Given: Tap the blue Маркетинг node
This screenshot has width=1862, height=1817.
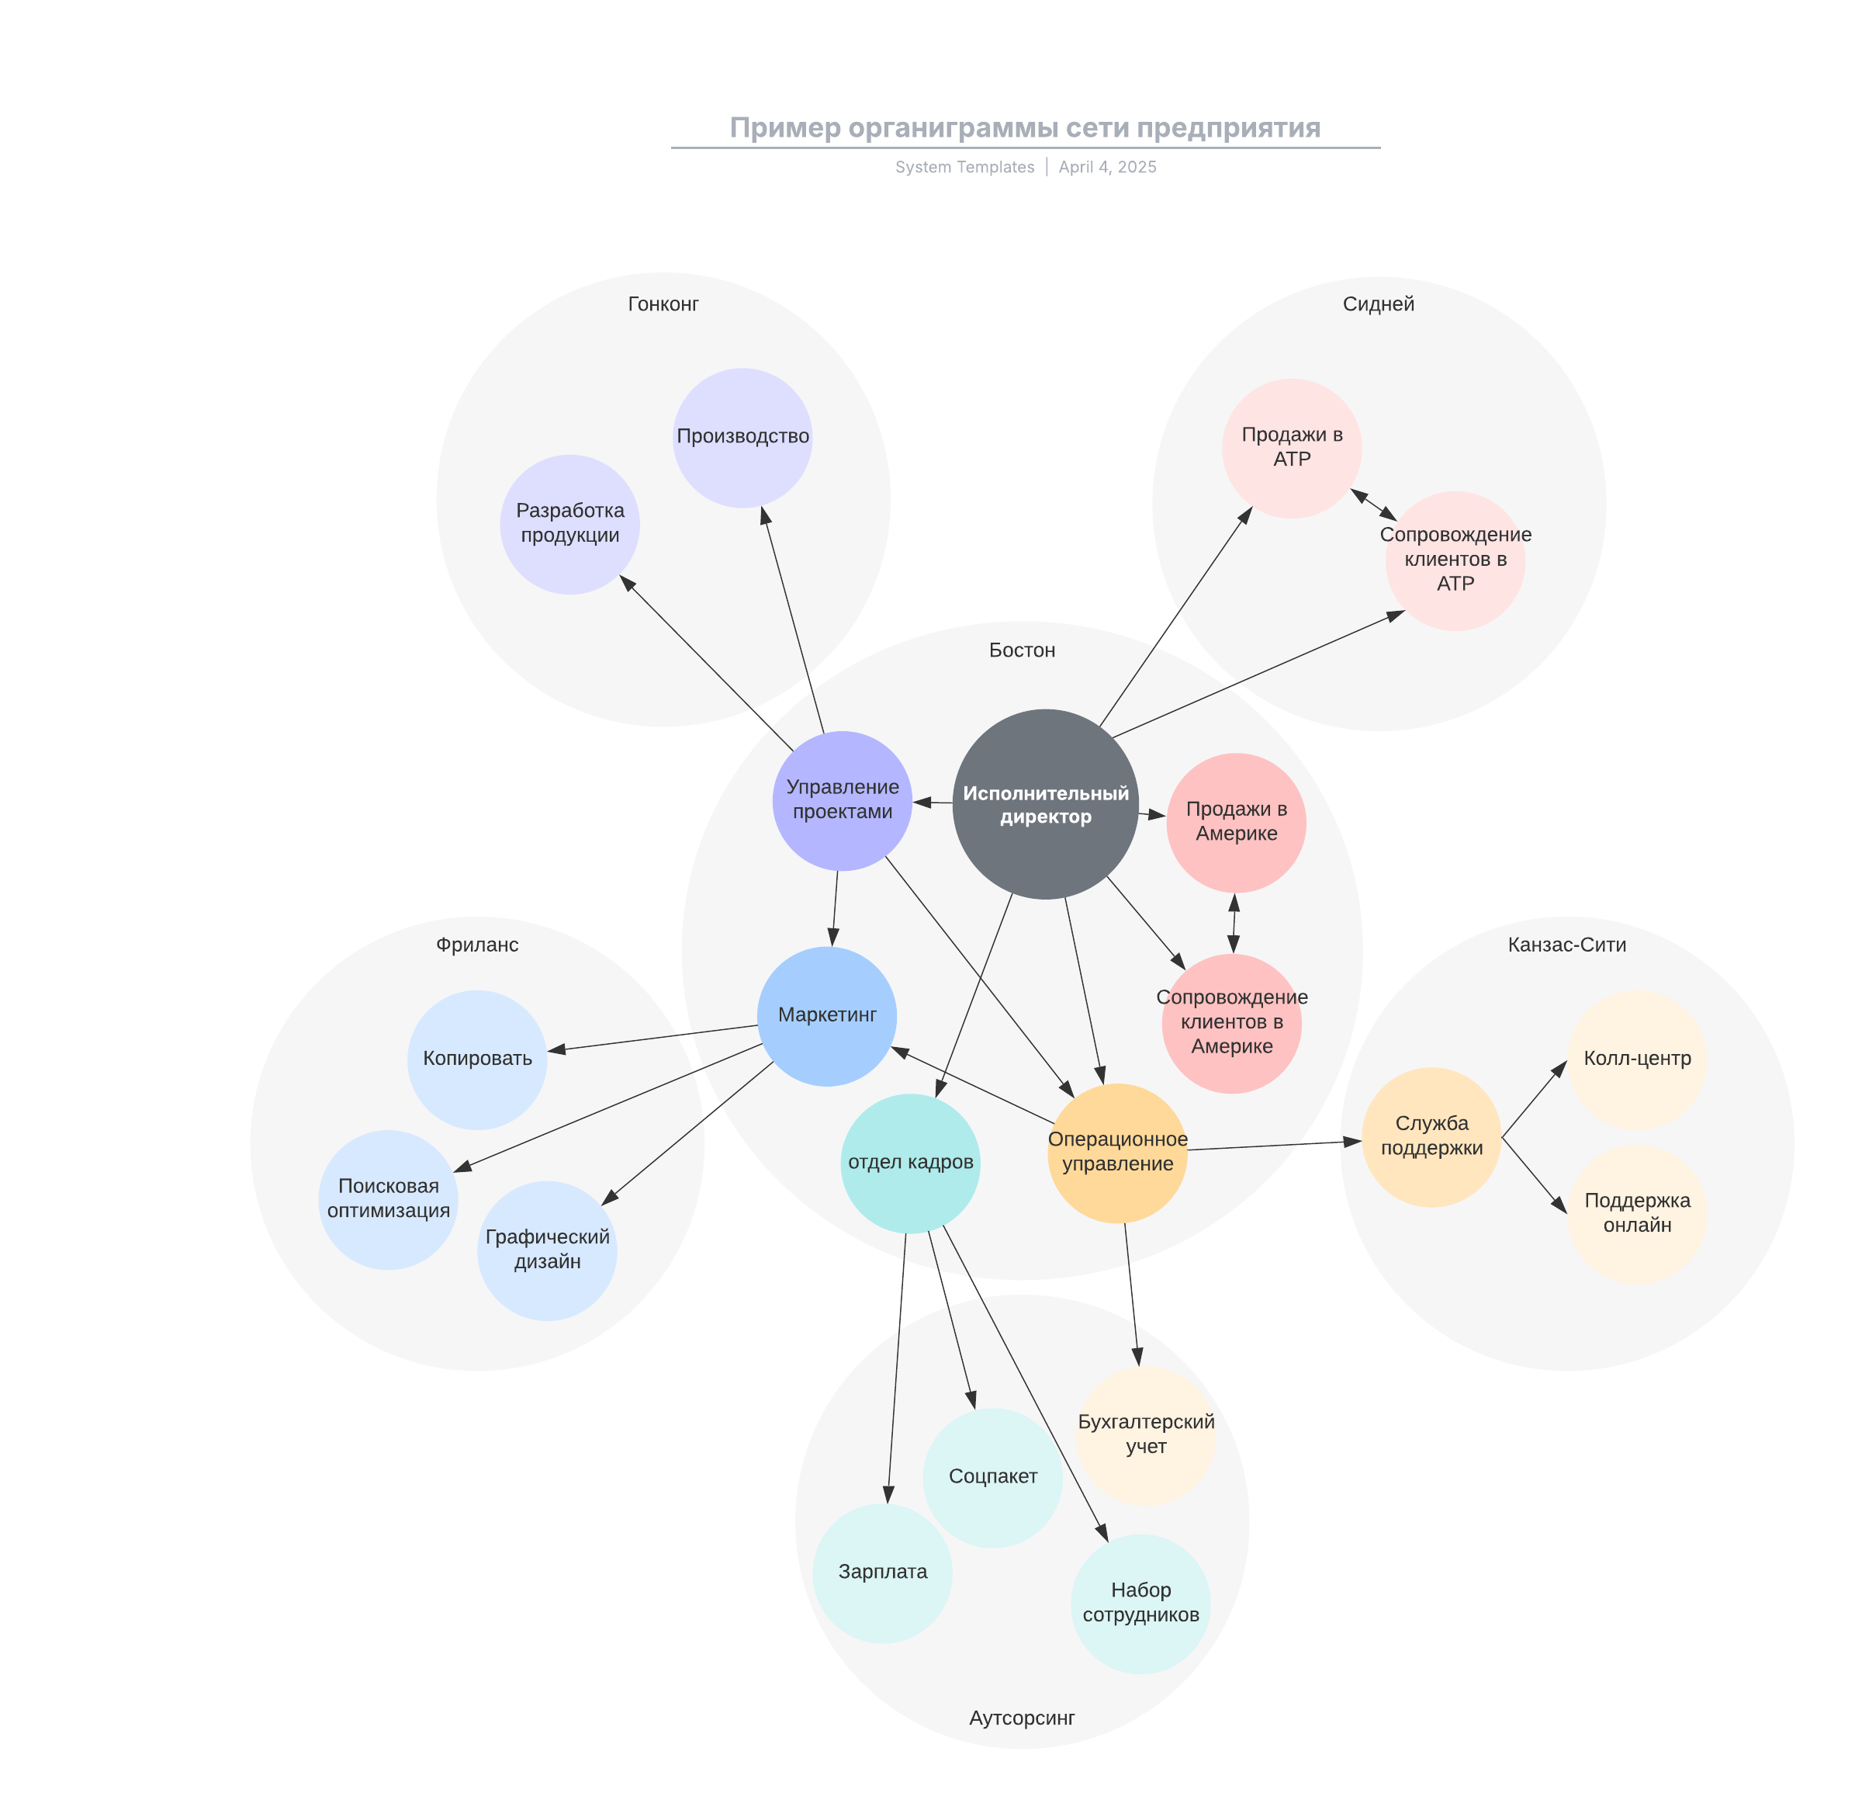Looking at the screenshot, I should (826, 1015).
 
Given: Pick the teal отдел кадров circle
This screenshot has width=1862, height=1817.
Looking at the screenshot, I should (910, 1163).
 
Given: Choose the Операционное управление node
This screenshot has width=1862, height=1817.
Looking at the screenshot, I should (1117, 1152).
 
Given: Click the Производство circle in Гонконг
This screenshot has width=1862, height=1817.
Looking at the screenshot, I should (742, 437).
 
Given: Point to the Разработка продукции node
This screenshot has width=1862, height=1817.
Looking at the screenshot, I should (569, 524).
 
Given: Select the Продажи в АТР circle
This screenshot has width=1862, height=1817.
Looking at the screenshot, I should (1292, 448).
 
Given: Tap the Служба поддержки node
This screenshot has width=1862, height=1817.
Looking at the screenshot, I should (1431, 1136).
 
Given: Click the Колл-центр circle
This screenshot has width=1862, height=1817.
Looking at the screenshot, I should (1636, 1059).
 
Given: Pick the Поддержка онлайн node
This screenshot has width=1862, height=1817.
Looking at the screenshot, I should (1636, 1213).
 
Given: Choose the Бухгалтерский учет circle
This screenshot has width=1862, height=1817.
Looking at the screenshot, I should (1146, 1434).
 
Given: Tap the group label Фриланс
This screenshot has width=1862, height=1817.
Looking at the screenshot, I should (477, 945).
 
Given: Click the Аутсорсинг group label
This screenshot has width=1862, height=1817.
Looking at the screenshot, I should (1022, 1718).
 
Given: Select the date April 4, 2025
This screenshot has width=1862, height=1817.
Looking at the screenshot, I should (1106, 167).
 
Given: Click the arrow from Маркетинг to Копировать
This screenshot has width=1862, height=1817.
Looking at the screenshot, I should (653, 1039).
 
